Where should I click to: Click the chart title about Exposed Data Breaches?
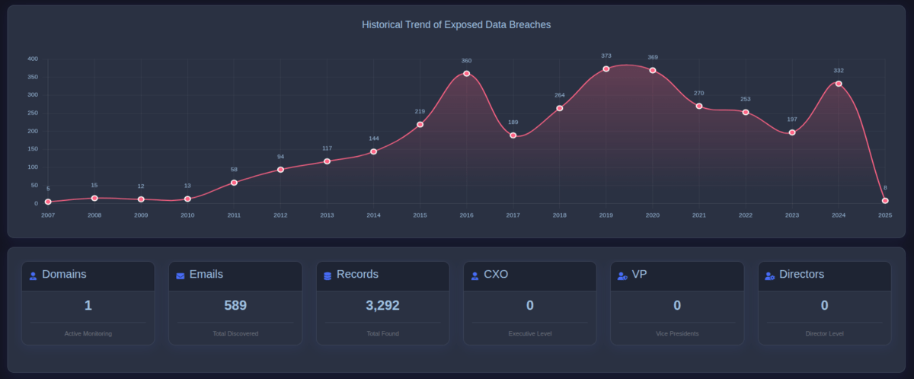(x=456, y=24)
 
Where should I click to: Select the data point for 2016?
(x=466, y=74)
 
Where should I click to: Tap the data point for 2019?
(x=606, y=69)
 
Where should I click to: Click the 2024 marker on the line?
(x=839, y=84)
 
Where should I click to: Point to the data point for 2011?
(x=234, y=183)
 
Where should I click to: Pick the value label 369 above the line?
(x=653, y=57)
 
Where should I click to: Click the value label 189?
(x=513, y=122)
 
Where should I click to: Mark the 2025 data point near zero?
(x=885, y=201)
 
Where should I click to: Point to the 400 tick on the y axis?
(x=32, y=59)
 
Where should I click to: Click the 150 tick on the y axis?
(x=32, y=149)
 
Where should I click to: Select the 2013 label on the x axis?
(x=327, y=215)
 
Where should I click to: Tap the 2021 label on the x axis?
(x=699, y=215)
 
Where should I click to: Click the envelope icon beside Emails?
(x=181, y=275)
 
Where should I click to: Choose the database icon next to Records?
(x=328, y=275)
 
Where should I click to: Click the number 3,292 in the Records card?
(x=382, y=305)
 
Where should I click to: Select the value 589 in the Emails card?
(x=235, y=305)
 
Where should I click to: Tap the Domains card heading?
(x=64, y=274)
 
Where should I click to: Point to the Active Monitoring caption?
(x=88, y=333)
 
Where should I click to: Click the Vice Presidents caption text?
(x=677, y=333)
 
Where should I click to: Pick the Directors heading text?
(x=801, y=274)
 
